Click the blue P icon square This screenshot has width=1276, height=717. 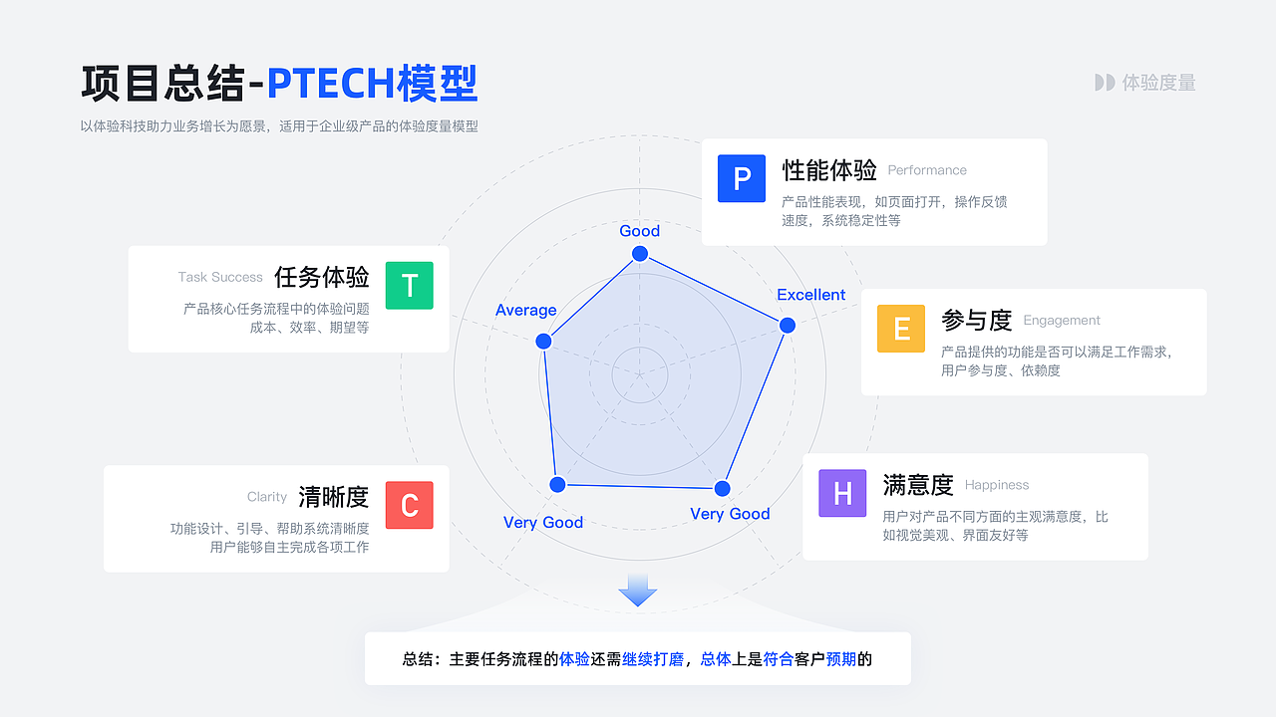pyautogui.click(x=741, y=178)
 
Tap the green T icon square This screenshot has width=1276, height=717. pyautogui.click(x=409, y=285)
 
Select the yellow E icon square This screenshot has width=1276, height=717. pyautogui.click(x=900, y=329)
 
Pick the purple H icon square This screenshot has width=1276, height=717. pyautogui.click(x=842, y=493)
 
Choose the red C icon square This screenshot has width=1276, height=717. pyautogui.click(x=409, y=505)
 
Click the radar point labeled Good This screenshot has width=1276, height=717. pyautogui.click(x=640, y=254)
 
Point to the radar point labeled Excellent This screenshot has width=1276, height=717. pyautogui.click(x=788, y=325)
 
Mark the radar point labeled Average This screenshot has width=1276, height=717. pyautogui.click(x=543, y=341)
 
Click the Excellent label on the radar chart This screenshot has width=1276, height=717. pyautogui.click(x=810, y=295)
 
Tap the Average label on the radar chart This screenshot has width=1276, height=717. pyautogui.click(x=525, y=310)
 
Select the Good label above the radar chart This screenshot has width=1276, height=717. pyautogui.click(x=639, y=230)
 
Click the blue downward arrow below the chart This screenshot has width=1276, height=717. pyautogui.click(x=637, y=591)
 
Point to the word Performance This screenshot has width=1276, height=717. pyautogui.click(x=927, y=170)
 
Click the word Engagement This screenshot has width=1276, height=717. pyautogui.click(x=1062, y=321)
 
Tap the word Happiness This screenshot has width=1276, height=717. pyautogui.click(x=996, y=485)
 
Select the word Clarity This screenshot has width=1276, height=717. pyautogui.click(x=266, y=497)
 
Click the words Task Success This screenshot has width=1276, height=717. pyautogui.click(x=220, y=277)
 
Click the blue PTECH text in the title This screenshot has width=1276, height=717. pyautogui.click(x=331, y=84)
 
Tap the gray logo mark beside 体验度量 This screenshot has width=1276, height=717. pyautogui.click(x=1105, y=83)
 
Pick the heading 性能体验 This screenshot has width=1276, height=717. pyautogui.click(x=828, y=170)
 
